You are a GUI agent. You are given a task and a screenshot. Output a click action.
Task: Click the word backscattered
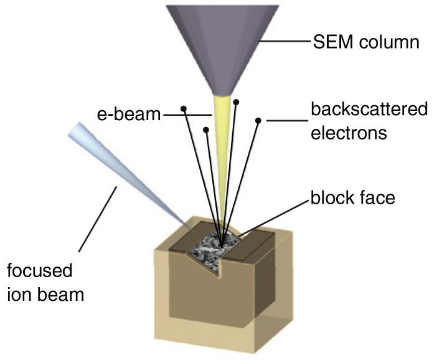click(369, 110)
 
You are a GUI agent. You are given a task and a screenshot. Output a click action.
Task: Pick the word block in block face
click(332, 199)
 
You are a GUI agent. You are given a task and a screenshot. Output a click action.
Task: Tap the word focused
click(40, 270)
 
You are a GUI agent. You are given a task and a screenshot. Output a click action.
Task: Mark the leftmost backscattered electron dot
click(184, 108)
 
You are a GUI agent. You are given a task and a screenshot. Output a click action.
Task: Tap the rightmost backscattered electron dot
click(258, 119)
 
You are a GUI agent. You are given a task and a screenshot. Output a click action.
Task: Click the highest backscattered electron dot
click(235, 100)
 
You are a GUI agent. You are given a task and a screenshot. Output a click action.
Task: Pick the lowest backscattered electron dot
click(206, 130)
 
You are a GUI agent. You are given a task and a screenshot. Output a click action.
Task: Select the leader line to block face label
click(274, 215)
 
